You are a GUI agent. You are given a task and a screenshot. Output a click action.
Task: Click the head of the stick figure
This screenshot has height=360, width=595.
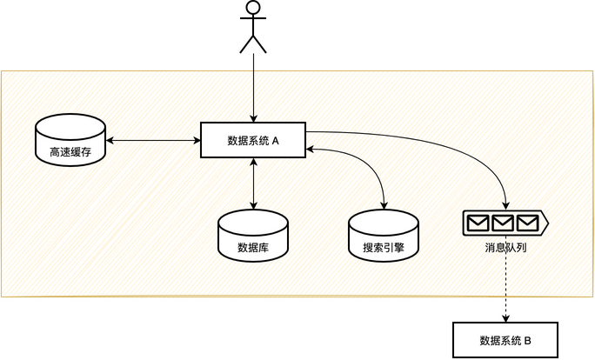(x=253, y=8)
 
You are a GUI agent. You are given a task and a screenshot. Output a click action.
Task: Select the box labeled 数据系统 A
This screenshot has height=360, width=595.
(x=253, y=140)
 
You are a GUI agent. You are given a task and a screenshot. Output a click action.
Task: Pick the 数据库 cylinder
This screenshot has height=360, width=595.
(x=253, y=235)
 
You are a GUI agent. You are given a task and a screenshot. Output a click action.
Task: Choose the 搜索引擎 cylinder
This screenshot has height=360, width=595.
(x=384, y=235)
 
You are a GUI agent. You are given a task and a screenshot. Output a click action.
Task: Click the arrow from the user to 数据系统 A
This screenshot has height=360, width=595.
(x=253, y=87)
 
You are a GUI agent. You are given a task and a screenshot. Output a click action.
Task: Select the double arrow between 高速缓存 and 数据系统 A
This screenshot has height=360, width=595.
(x=153, y=140)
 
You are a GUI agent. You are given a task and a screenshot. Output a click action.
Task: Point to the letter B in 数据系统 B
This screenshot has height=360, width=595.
(x=527, y=339)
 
